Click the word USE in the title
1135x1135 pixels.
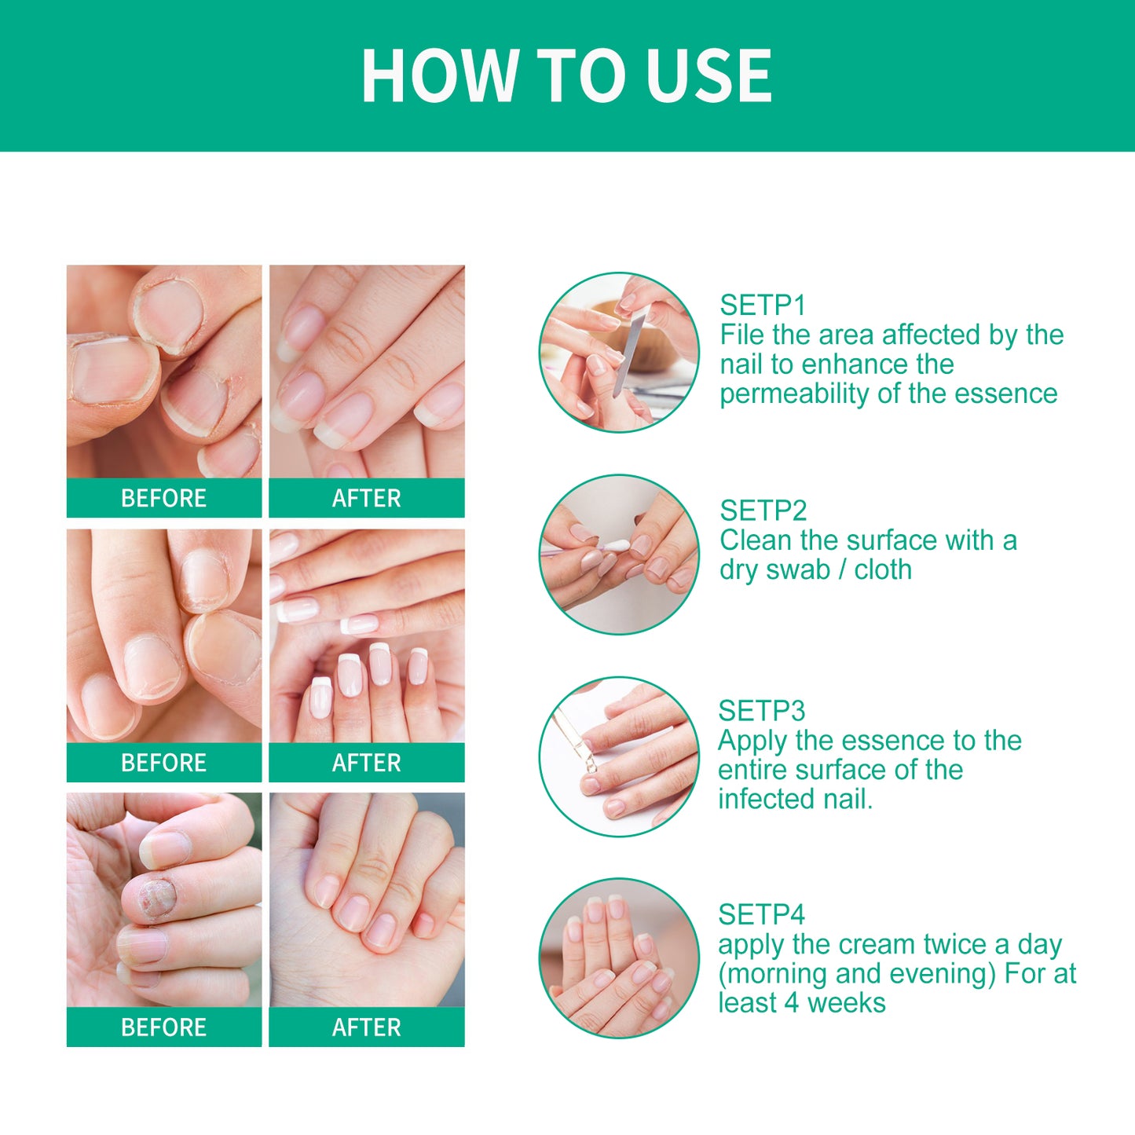pos(708,75)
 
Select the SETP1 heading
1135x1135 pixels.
pos(763,305)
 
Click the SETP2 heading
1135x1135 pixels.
pos(763,511)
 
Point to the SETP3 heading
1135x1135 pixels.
pos(761,711)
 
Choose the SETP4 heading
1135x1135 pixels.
pos(761,914)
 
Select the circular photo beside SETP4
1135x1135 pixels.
pos(619,957)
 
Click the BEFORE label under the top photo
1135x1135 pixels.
pos(163,498)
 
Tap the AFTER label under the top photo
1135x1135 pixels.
pos(366,498)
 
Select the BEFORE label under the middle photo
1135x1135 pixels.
pos(163,763)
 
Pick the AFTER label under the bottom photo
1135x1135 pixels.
pos(366,1027)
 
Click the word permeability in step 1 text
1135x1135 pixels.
pos(794,394)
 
